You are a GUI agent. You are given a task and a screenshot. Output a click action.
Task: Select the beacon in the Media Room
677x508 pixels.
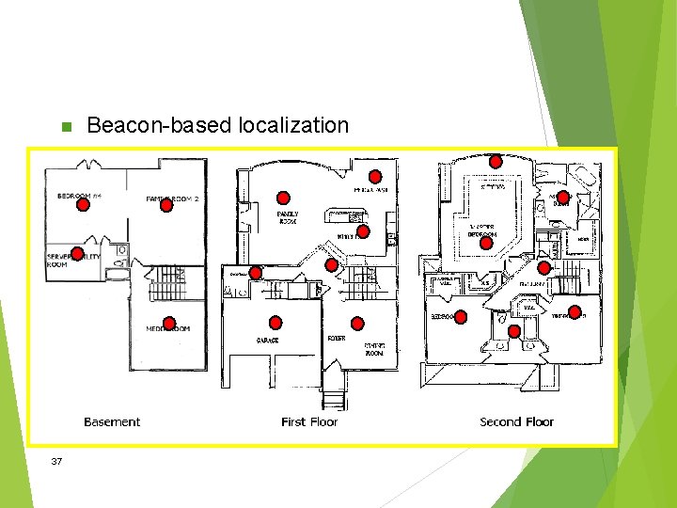(169, 322)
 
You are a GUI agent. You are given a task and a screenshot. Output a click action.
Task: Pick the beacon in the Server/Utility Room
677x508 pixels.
(77, 249)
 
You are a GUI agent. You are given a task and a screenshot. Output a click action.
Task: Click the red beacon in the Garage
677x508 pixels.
(276, 322)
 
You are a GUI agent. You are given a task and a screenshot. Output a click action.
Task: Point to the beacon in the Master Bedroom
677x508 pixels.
(486, 243)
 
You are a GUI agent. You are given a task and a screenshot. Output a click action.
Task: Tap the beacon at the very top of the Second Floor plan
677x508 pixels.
(496, 161)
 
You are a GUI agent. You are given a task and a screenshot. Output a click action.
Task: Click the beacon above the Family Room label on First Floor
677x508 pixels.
(283, 198)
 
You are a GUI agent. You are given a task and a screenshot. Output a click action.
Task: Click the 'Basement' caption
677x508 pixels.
(112, 422)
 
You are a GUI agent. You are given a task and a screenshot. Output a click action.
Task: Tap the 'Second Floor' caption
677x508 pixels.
(517, 422)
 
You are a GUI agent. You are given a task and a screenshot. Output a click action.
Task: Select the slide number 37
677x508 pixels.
(57, 461)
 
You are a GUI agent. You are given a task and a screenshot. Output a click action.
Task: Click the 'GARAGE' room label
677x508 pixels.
(267, 340)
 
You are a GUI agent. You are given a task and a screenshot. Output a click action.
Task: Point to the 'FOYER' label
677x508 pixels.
(336, 338)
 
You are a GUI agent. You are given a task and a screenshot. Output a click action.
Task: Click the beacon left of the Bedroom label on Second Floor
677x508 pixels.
(461, 317)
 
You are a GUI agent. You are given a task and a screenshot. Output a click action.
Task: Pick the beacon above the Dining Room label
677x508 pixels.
(357, 322)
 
